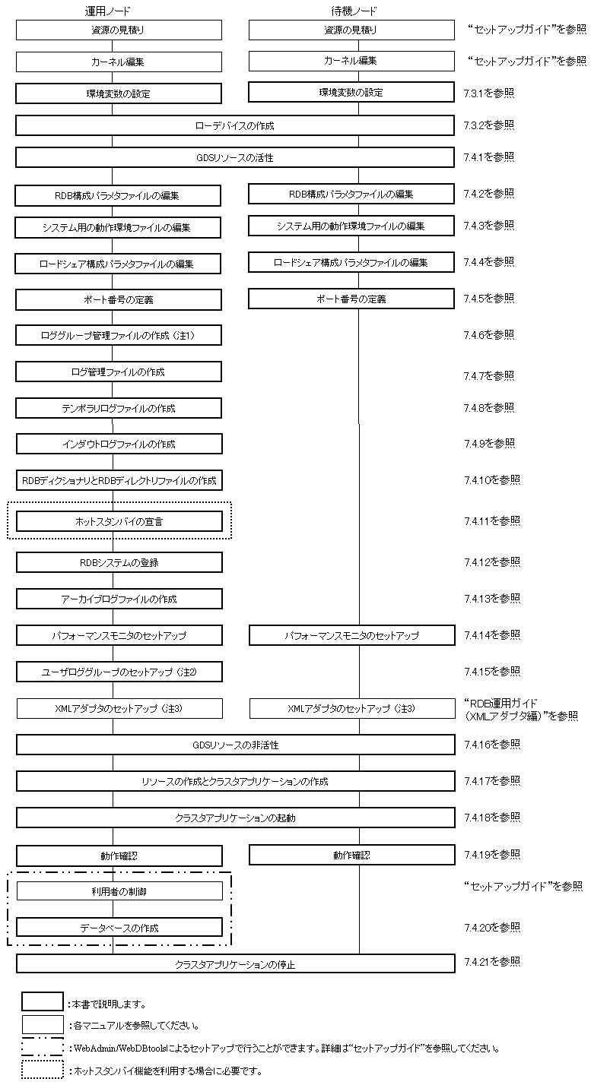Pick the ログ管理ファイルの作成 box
point(119,372)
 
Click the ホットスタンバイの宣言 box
point(119,522)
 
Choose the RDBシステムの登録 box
point(119,563)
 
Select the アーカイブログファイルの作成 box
point(119,599)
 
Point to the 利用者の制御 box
point(119,891)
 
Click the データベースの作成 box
point(119,928)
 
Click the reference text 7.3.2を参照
point(488,125)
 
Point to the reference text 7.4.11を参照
point(491,521)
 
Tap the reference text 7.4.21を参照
point(491,962)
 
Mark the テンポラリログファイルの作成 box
point(119,409)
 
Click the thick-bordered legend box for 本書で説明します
point(43,1002)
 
